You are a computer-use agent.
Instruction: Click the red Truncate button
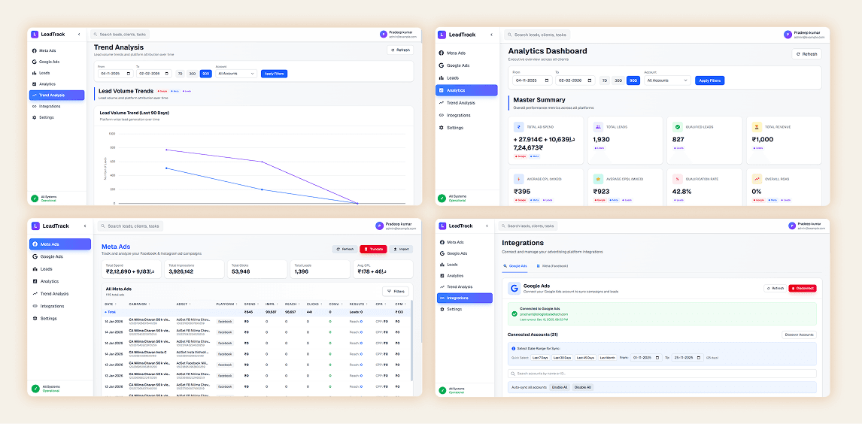click(x=373, y=249)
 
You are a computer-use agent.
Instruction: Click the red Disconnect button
click(x=802, y=288)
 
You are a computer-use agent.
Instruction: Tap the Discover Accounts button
click(x=799, y=335)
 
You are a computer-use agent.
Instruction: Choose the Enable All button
click(x=560, y=387)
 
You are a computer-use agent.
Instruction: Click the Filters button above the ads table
click(x=396, y=291)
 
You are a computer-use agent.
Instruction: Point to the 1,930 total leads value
click(x=602, y=140)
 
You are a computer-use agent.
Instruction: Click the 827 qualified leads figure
click(x=678, y=140)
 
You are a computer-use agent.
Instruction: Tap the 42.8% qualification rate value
click(x=682, y=192)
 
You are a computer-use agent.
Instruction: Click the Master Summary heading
click(x=539, y=99)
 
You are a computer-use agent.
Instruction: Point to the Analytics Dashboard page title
click(x=548, y=51)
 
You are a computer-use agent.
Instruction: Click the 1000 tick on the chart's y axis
click(x=112, y=134)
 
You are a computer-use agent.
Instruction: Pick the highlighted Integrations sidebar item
click(x=463, y=298)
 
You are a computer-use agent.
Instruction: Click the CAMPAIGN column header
click(x=138, y=304)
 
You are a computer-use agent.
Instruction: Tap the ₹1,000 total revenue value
click(x=763, y=140)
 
